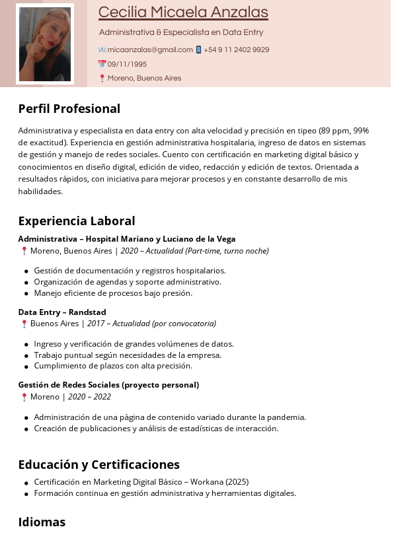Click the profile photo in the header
pyautogui.click(x=45, y=44)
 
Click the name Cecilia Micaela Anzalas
pyautogui.click(x=183, y=12)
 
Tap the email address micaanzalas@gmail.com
pyautogui.click(x=150, y=50)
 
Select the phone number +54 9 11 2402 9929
pyautogui.click(x=236, y=50)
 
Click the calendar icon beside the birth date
pyautogui.click(x=102, y=64)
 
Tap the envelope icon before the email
pyautogui.click(x=102, y=50)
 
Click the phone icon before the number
pyautogui.click(x=198, y=50)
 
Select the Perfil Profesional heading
pyautogui.click(x=69, y=108)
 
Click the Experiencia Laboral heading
pyautogui.click(x=76, y=221)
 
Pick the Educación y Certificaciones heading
pyautogui.click(x=98, y=464)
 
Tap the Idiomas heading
pyautogui.click(x=42, y=522)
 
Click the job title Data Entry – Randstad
pyautogui.click(x=62, y=312)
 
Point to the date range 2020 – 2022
pyautogui.click(x=89, y=397)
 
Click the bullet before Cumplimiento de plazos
pyautogui.click(x=26, y=366)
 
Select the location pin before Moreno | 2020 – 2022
pyautogui.click(x=24, y=397)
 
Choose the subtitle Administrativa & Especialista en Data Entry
pyautogui.click(x=181, y=32)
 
